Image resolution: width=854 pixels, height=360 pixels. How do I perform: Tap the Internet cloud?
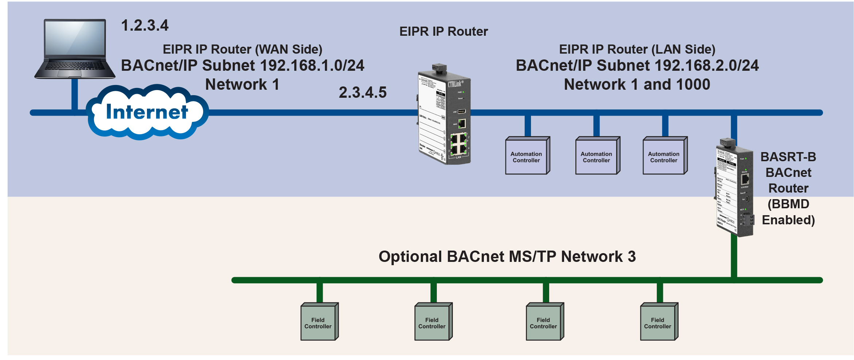147,112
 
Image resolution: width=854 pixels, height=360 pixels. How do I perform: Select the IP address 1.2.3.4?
145,26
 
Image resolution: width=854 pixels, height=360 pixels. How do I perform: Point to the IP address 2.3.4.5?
362,92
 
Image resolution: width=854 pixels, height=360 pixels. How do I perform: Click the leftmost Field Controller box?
318,323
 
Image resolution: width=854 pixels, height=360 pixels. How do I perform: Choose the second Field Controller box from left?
432,323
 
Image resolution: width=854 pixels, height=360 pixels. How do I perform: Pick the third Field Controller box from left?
544,323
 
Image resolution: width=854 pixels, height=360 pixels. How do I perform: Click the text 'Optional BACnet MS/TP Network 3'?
507,256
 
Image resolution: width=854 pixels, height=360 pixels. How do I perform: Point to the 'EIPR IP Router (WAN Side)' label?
242,49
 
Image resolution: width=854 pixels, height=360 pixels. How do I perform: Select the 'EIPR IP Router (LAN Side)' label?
637,49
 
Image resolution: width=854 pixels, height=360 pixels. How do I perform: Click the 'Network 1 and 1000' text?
637,85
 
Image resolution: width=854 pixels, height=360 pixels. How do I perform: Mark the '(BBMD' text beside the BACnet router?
788,204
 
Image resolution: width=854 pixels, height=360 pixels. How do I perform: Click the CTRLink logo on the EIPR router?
455,84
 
